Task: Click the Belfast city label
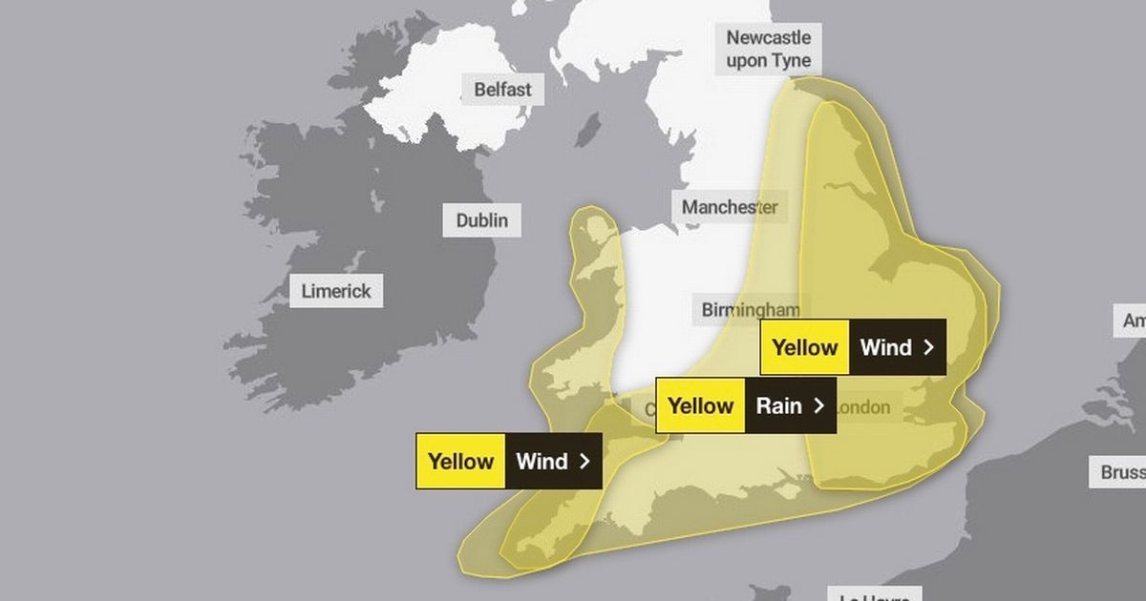(502, 91)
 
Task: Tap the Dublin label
(482, 220)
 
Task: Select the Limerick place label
(336, 290)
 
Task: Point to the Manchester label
(730, 207)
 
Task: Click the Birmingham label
(750, 309)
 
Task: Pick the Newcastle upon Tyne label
(769, 50)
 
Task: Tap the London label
(864, 407)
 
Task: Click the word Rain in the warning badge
(778, 405)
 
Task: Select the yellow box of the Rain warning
(700, 405)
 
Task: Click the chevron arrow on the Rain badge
(818, 405)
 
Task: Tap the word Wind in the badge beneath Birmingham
(885, 347)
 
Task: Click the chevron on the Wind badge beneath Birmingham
(927, 347)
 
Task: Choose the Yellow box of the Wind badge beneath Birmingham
(804, 347)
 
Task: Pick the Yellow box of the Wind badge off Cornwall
(460, 462)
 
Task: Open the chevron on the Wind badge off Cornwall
(584, 462)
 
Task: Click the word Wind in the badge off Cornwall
(541, 462)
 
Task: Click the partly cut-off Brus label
(1121, 472)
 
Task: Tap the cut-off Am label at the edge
(1134, 321)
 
